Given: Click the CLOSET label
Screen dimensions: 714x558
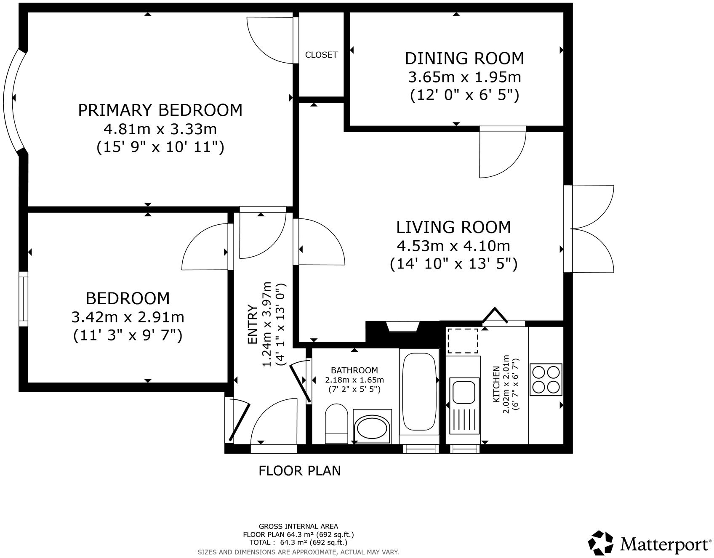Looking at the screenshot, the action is pos(321,55).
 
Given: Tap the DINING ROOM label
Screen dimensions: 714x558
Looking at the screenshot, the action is pos(464,58).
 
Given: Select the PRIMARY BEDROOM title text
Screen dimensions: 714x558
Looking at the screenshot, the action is pos(160,110).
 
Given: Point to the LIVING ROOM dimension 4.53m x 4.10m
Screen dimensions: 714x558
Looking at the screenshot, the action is pos(453,245).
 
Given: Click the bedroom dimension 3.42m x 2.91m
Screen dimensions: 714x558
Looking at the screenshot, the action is pos(128,316).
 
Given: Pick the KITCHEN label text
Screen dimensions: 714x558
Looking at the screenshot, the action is pos(497,384).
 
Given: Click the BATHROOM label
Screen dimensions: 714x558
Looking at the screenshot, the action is pos(354,370).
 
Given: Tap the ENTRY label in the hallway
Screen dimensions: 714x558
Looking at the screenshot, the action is pos(253,324).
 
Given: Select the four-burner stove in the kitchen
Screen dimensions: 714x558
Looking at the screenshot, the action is pos(546,379).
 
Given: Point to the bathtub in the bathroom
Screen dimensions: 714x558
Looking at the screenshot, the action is pos(419,391).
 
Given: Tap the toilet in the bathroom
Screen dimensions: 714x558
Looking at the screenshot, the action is pos(336,423).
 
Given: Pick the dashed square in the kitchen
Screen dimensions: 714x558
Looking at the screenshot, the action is pos(462,340).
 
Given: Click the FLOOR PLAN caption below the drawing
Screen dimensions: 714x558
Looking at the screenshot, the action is pos(300,470).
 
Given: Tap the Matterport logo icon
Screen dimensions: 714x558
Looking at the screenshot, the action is pos(601,543).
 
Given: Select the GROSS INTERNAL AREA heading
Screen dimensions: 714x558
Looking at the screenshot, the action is pos(298,526).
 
